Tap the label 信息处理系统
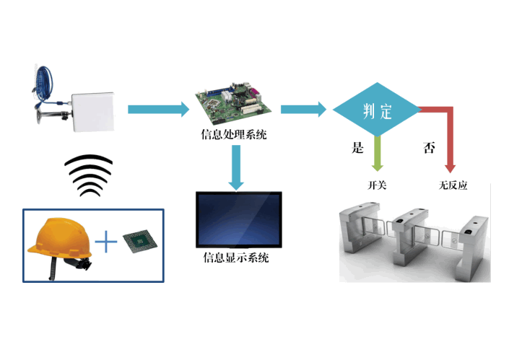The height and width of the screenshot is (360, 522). click(233, 133)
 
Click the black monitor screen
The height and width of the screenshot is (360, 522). click(239, 219)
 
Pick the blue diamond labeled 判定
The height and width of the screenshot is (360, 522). click(375, 110)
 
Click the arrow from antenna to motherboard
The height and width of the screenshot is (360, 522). click(159, 110)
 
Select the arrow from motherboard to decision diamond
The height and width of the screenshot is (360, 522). click(303, 110)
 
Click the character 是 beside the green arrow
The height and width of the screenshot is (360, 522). click(356, 148)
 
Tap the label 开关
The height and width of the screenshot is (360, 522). click(377, 185)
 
